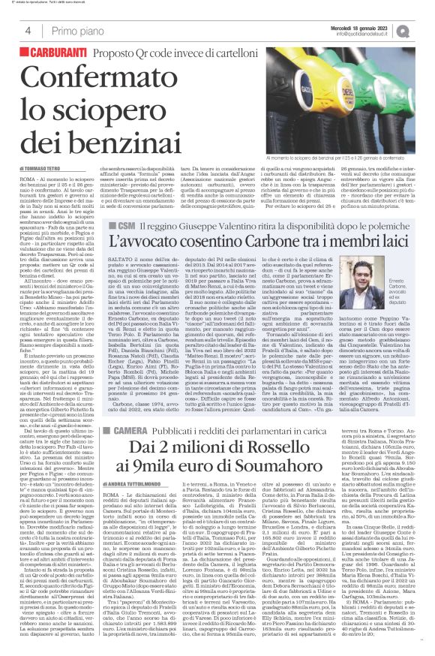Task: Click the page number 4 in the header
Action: (x=27, y=32)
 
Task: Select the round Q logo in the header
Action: (x=424, y=31)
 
